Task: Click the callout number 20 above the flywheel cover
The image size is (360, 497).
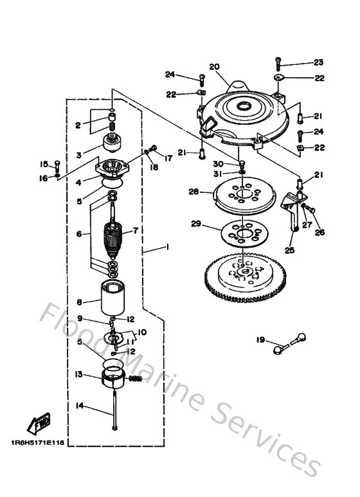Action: (215, 67)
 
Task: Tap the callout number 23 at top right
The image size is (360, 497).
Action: (319, 63)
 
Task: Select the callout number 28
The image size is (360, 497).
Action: (193, 191)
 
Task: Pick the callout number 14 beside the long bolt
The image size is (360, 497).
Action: (80, 406)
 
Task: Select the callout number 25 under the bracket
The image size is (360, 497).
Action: (289, 250)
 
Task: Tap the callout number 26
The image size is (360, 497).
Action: (319, 232)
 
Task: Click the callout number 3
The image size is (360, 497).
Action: (79, 155)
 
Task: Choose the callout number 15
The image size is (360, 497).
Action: (44, 163)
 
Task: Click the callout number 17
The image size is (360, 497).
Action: (168, 158)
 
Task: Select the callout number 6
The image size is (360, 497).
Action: (79, 235)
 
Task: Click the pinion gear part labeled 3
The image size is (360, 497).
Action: (113, 142)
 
